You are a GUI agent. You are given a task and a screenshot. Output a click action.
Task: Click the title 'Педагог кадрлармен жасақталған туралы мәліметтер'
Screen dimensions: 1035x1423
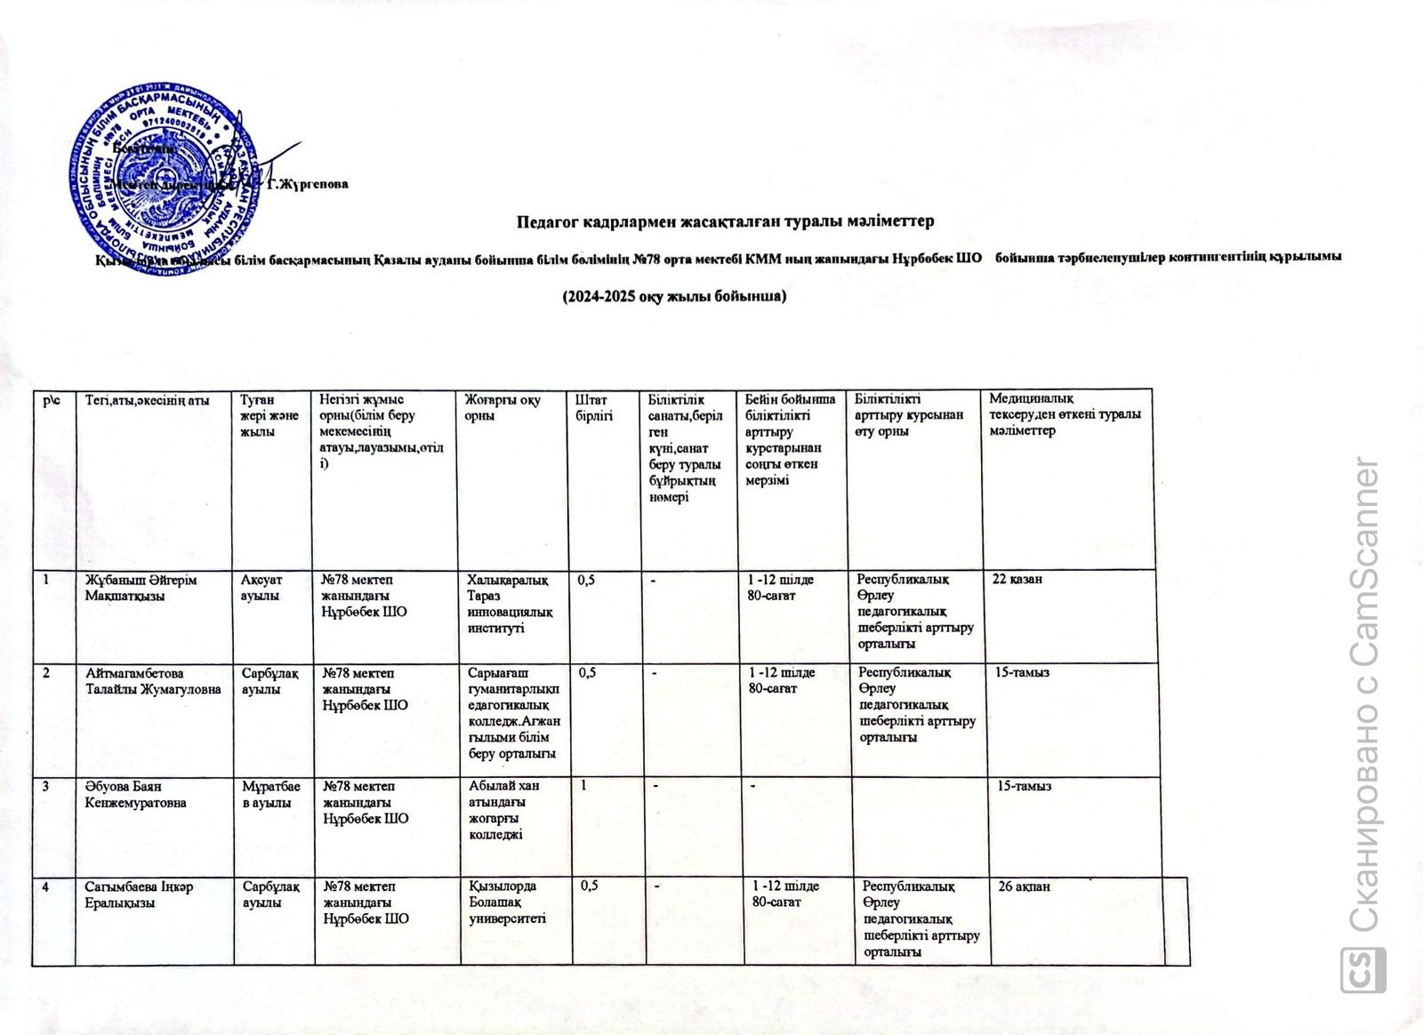(725, 221)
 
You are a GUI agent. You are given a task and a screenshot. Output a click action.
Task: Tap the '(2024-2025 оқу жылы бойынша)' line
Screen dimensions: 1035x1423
(674, 296)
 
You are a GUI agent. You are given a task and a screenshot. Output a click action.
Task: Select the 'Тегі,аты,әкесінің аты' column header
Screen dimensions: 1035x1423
(147, 400)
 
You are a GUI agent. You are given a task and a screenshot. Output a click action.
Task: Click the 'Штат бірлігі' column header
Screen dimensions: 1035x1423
(594, 408)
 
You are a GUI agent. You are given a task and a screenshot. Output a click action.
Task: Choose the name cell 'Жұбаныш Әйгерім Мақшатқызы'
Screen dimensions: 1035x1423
(141, 588)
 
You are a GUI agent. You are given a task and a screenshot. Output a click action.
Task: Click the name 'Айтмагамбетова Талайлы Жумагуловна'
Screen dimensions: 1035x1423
(153, 681)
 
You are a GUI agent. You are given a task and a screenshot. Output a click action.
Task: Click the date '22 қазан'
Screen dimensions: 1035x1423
(1017, 579)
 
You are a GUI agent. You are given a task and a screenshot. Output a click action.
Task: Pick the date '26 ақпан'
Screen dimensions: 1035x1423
(1024, 887)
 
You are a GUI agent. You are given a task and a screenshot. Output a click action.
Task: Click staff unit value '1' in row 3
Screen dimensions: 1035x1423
(584, 785)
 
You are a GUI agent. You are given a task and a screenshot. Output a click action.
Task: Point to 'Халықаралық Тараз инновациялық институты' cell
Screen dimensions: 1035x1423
(510, 604)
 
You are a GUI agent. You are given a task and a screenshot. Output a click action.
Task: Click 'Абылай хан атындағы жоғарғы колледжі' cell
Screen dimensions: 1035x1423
(504, 810)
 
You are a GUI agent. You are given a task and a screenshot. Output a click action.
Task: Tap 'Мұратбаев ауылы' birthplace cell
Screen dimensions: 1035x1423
(271, 794)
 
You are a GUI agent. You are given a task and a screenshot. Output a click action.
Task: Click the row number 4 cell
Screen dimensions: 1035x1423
(45, 887)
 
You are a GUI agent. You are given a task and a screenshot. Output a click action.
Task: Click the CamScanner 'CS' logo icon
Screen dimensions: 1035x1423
(1363, 970)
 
